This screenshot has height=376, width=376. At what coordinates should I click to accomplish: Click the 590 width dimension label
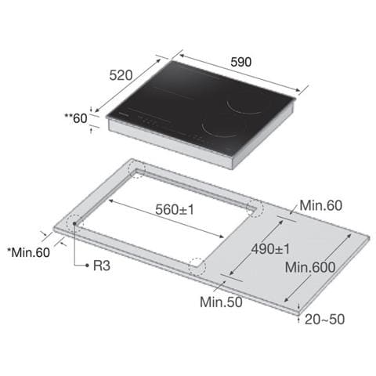[x=240, y=62]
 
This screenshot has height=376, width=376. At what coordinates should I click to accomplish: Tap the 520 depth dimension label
[x=121, y=75]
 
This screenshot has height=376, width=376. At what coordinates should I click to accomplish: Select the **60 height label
[x=76, y=118]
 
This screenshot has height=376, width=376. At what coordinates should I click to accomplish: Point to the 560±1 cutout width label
[x=175, y=209]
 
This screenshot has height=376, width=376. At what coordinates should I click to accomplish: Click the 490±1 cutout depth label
[x=270, y=249]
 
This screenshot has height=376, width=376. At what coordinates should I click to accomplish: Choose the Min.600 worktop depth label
[x=310, y=267]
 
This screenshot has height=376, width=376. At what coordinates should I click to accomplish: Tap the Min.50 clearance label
[x=221, y=302]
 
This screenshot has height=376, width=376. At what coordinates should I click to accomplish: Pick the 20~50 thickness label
[x=324, y=319]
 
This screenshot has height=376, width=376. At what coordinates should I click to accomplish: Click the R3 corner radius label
[x=102, y=266]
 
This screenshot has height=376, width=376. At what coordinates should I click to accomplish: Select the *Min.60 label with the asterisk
[x=28, y=252]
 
